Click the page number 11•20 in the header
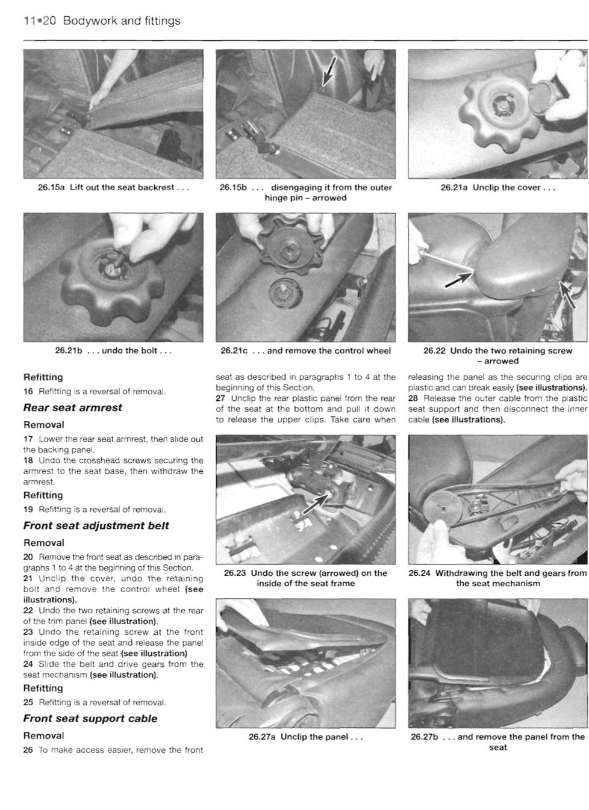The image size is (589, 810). pyautogui.click(x=39, y=21)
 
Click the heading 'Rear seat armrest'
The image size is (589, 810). pyautogui.click(x=72, y=407)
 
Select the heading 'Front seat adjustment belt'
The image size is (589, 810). pyautogui.click(x=96, y=525)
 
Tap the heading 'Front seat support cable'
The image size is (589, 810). pyautogui.click(x=90, y=718)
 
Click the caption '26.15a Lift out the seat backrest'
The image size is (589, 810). pyautogui.click(x=113, y=187)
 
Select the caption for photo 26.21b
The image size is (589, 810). pyautogui.click(x=113, y=350)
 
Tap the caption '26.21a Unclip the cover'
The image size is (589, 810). pyautogui.click(x=497, y=187)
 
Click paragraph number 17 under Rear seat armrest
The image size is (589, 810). pyautogui.click(x=28, y=439)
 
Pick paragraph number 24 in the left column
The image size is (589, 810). pyautogui.click(x=28, y=664)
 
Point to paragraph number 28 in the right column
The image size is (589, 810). pyautogui.click(x=413, y=398)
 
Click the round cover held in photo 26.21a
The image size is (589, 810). pyautogui.click(x=546, y=94)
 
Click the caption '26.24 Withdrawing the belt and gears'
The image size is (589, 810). pyautogui.click(x=497, y=578)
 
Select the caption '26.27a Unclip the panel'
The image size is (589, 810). pyautogui.click(x=305, y=737)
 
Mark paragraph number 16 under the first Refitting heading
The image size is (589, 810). pyautogui.click(x=28, y=391)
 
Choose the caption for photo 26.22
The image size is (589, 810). pyautogui.click(x=497, y=355)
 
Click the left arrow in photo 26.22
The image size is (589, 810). pyautogui.click(x=459, y=279)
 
